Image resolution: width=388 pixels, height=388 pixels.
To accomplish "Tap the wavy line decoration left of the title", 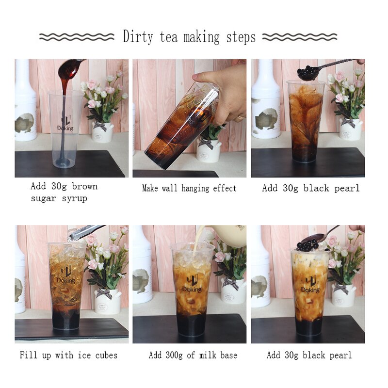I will click(77, 37).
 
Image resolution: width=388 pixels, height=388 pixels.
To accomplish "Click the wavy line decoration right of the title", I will click(299, 37).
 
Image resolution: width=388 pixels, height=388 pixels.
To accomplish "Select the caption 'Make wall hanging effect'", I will click(189, 188).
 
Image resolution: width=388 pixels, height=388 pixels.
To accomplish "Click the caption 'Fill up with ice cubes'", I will click(68, 355).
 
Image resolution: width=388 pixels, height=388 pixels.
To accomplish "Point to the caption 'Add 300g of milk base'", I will click(193, 355).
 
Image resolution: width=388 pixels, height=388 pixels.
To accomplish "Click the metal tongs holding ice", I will click(85, 232).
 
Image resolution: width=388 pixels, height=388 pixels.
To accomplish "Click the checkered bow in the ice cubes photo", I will click(103, 293).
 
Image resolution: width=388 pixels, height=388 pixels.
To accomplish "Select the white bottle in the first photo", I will click(25, 102).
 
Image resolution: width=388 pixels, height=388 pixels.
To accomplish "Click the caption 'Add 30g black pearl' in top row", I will click(311, 188).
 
